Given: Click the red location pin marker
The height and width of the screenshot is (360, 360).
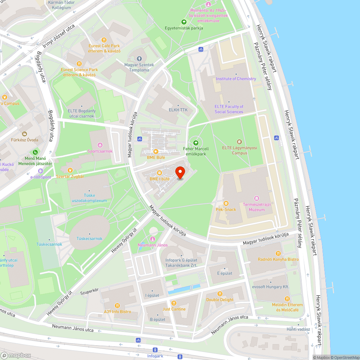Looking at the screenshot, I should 180,173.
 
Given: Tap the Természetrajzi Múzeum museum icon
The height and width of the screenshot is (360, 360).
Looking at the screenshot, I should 256,198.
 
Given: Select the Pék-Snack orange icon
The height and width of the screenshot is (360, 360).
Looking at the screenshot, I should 226,203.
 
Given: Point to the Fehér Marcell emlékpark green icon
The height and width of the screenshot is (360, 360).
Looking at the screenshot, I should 196,143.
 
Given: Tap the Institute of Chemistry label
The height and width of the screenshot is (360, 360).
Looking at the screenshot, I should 236,79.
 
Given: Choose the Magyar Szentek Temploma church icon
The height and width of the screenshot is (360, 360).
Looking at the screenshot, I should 139,59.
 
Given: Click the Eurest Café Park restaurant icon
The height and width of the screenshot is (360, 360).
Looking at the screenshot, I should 104,40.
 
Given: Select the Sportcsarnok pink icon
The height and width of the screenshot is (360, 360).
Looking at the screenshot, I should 100,145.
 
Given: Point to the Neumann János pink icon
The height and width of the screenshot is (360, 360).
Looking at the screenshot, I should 153,239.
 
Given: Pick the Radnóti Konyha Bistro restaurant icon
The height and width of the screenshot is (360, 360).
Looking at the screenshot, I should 278,253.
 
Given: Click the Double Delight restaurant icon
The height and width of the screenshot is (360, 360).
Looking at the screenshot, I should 220,294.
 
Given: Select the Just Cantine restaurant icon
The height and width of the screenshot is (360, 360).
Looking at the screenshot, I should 174,303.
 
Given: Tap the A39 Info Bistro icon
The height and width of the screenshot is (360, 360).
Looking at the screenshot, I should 117,306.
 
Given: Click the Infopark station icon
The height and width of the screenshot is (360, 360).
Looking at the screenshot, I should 155,350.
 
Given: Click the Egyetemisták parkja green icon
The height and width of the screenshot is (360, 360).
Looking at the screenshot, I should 184,22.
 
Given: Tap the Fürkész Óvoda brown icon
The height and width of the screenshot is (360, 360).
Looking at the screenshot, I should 24,124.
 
